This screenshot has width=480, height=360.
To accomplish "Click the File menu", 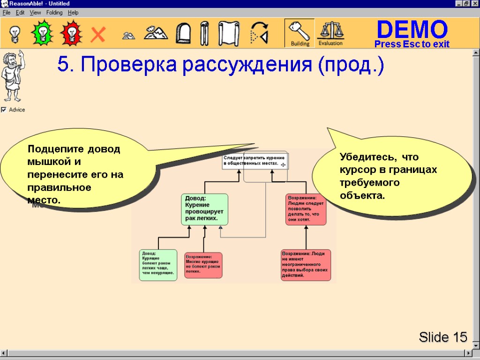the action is (x=7, y=13).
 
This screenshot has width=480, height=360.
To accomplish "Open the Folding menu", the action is (x=54, y=13).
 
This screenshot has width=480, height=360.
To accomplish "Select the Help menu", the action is (x=73, y=13).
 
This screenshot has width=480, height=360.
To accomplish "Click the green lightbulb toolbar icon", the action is (x=42, y=33).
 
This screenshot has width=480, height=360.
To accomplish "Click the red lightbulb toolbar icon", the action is (x=71, y=33).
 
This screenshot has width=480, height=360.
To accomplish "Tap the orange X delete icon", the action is (x=98, y=34).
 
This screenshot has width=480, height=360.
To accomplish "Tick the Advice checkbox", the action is (x=4, y=110).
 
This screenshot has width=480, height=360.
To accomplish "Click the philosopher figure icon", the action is (x=12, y=77).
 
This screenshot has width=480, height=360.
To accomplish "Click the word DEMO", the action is (x=412, y=30).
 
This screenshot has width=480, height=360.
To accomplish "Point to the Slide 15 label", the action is (x=443, y=337).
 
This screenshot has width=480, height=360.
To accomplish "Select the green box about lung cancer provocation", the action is (x=204, y=209).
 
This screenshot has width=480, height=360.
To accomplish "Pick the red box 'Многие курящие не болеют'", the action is (x=203, y=265).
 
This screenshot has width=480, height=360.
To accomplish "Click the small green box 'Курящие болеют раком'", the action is (x=158, y=265).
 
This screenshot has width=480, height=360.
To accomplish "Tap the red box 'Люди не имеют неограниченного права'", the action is (x=306, y=265).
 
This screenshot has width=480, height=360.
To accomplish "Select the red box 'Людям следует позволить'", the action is (x=306, y=210).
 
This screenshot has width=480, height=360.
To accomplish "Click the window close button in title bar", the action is (x=474, y=4).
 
